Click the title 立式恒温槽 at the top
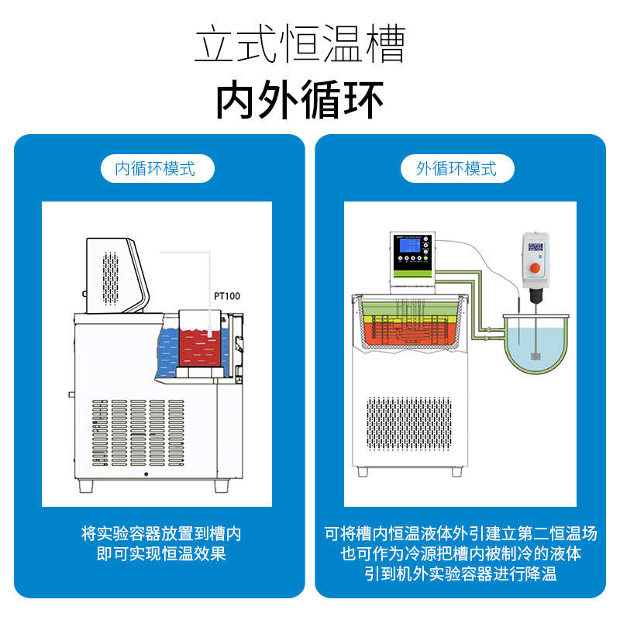[x=299, y=44]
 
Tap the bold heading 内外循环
[x=299, y=101]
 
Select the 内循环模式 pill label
[x=157, y=167]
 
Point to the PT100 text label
[x=229, y=296]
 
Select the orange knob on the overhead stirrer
[x=534, y=268]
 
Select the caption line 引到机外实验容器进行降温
[x=460, y=573]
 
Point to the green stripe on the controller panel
[x=414, y=273]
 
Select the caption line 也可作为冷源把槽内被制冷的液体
[x=460, y=553]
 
